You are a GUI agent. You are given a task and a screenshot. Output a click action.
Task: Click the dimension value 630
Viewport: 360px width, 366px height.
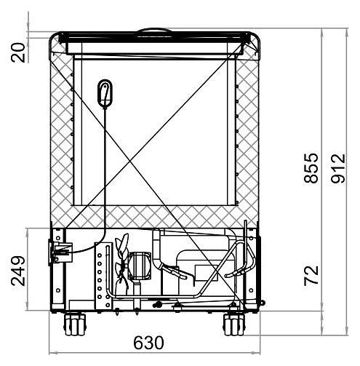(148, 343)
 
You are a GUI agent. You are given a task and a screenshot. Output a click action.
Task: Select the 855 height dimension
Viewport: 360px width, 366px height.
(311, 167)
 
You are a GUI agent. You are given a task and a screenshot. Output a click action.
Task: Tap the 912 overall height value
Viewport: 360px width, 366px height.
(338, 168)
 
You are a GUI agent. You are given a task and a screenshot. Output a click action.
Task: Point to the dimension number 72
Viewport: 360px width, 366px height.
(311, 276)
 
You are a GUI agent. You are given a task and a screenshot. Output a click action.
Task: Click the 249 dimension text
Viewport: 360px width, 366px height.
(18, 271)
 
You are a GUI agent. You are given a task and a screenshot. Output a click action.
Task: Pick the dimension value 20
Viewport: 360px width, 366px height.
(18, 52)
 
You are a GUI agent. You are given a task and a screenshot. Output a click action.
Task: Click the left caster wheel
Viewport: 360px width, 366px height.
(75, 325)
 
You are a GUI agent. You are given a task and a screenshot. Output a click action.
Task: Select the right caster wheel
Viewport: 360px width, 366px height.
(234, 325)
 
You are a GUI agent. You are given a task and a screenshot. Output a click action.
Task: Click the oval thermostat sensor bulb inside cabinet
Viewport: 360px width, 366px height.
(105, 93)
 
